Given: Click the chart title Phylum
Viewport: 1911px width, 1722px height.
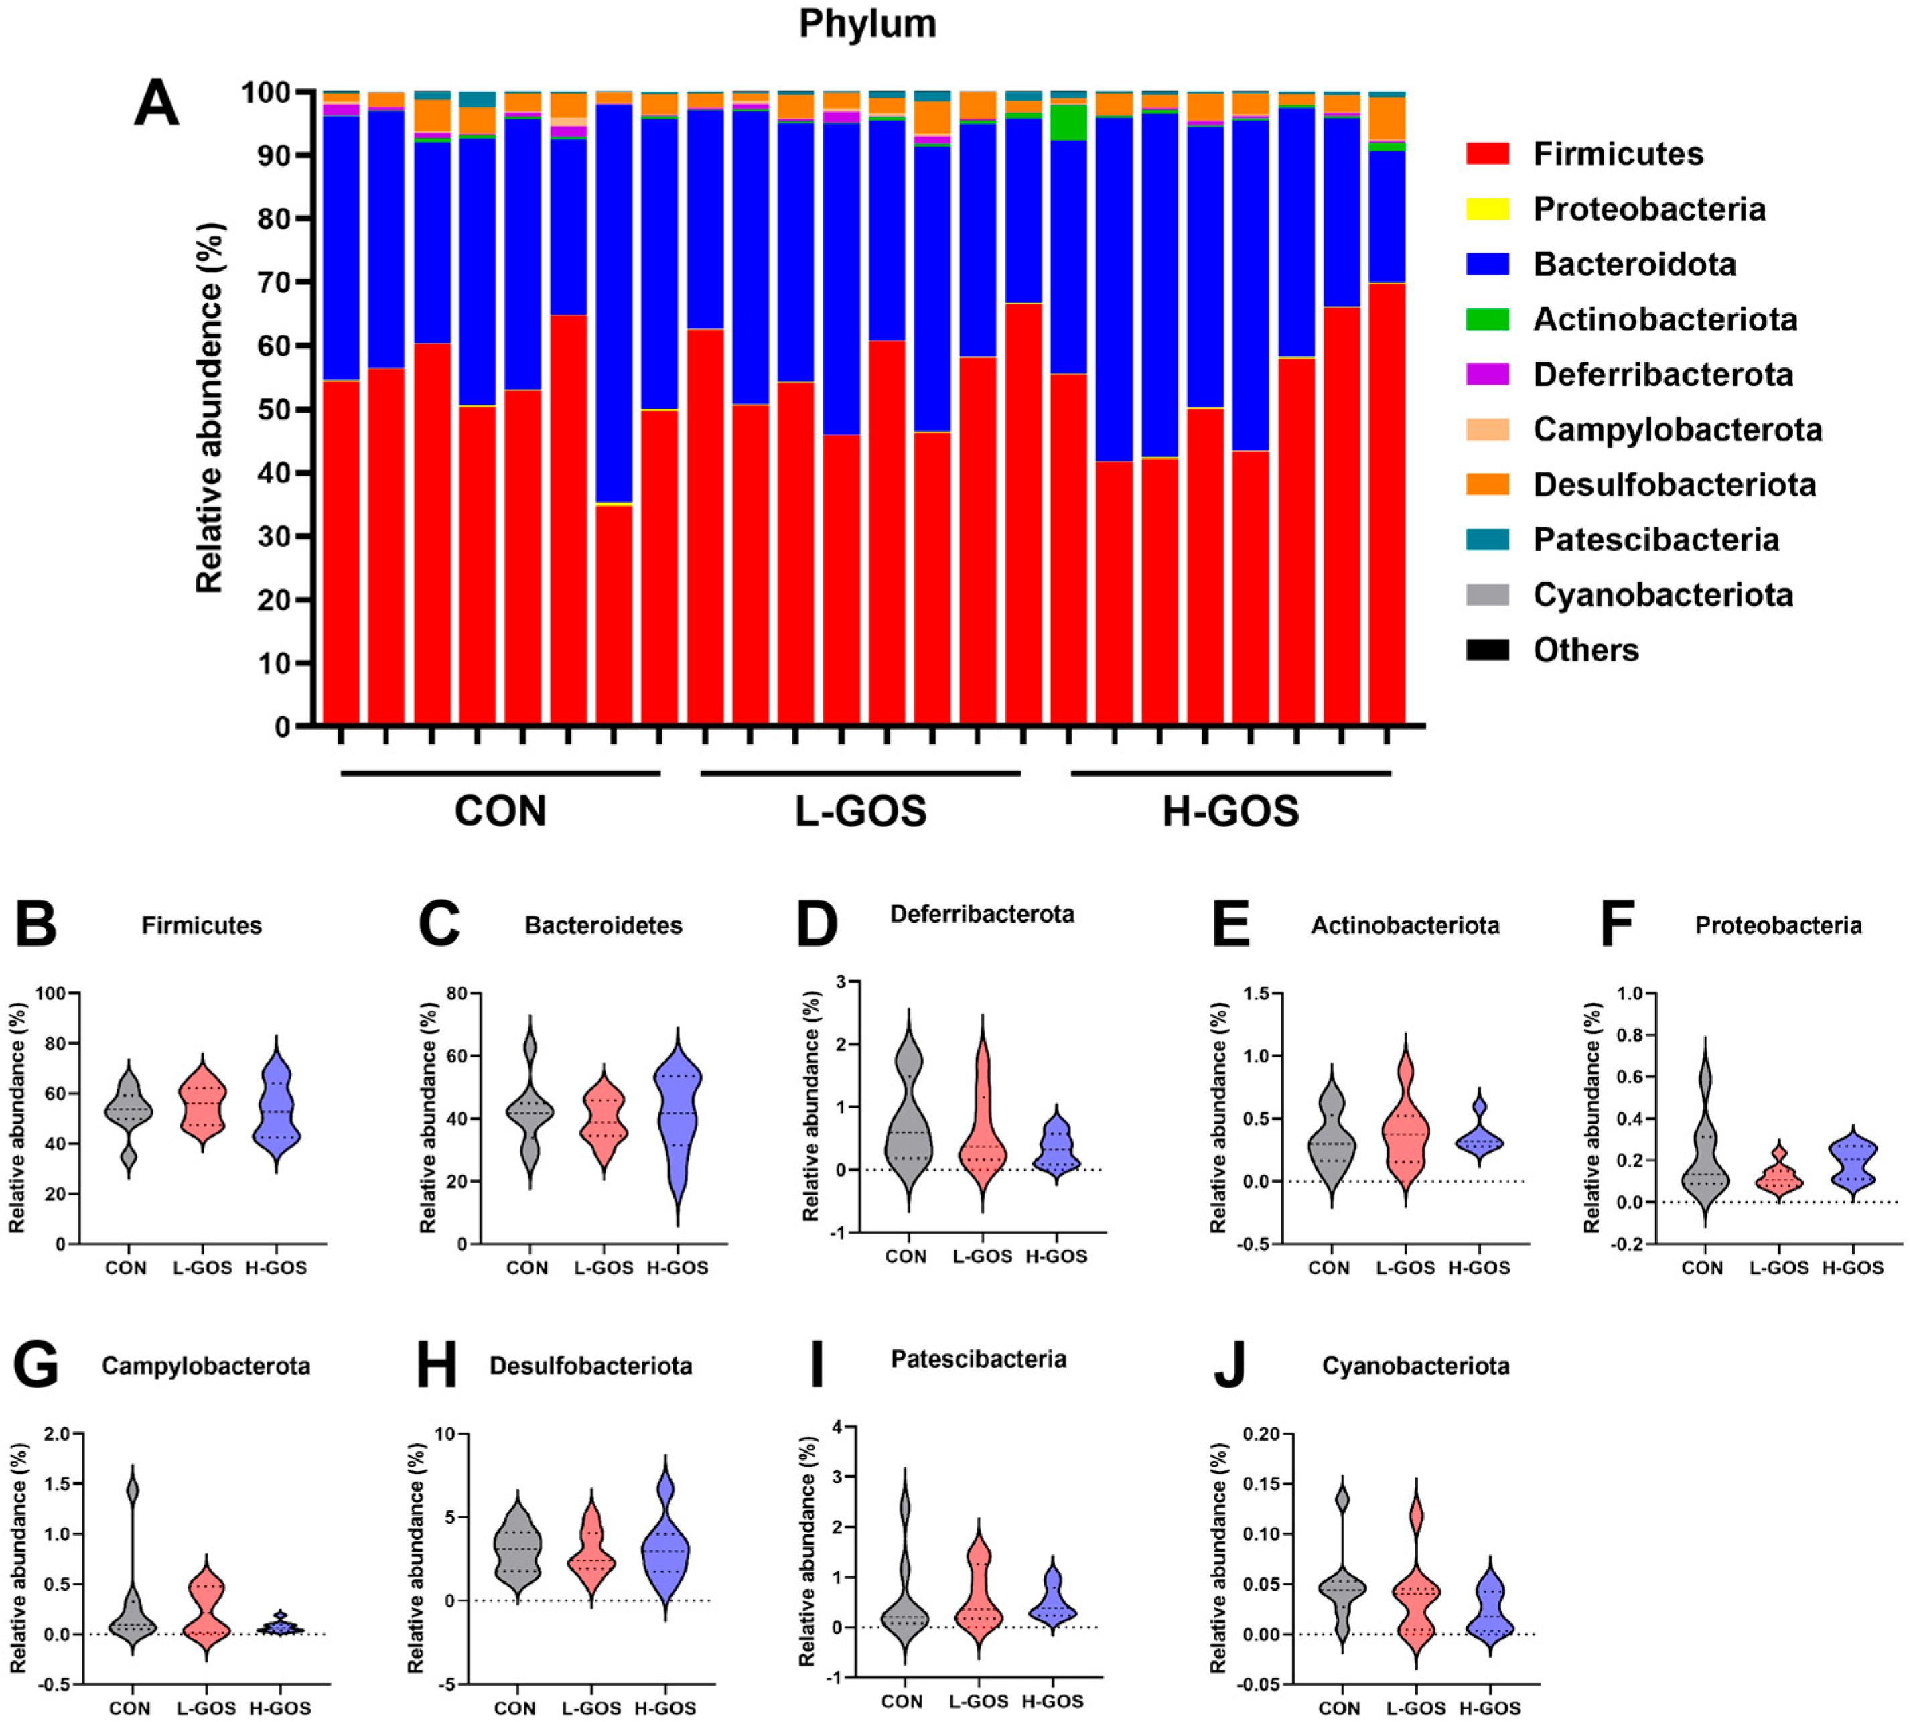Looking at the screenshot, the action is [867, 23].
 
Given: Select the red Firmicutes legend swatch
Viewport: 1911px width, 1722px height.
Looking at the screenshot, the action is [1487, 153].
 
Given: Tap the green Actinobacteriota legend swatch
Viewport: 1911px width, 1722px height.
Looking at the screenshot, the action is [1487, 319].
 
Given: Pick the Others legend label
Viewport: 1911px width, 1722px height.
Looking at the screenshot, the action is [1585, 650].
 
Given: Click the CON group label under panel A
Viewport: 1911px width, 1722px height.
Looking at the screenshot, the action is [500, 811].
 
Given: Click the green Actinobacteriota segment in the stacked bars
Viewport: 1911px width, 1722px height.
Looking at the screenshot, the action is [1068, 122].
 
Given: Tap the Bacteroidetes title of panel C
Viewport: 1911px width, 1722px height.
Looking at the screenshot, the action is [604, 925].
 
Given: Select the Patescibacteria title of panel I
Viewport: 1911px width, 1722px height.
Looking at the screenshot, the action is [978, 1360].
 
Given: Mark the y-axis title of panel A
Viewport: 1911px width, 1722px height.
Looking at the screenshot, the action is [210, 408].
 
